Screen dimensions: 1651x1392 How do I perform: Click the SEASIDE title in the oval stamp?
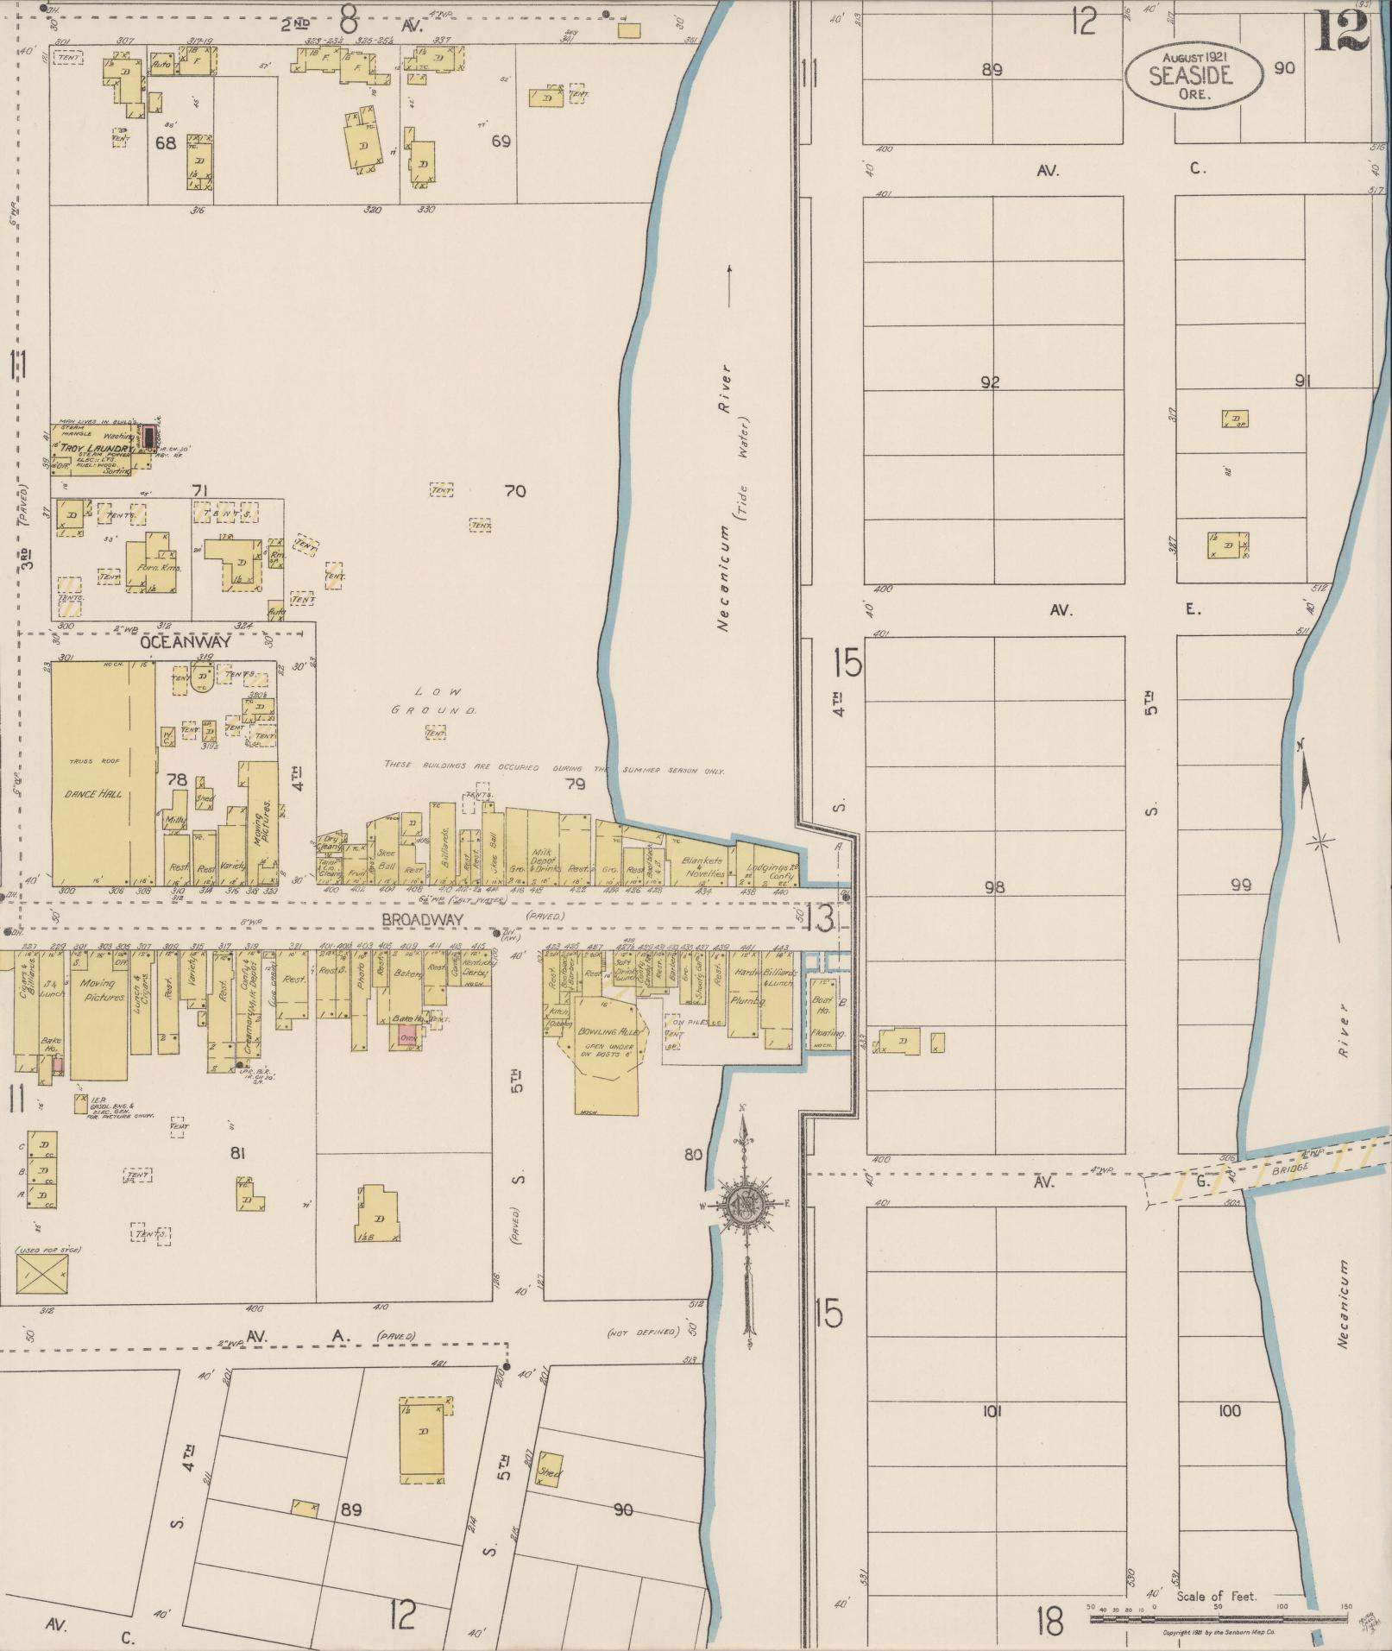[1190, 76]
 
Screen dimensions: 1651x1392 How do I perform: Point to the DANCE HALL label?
[93, 794]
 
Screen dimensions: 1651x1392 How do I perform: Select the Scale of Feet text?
[1217, 1597]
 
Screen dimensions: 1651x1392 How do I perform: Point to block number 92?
[990, 382]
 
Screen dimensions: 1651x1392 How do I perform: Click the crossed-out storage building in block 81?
[41, 1274]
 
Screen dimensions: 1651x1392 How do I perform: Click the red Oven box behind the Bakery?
[406, 1037]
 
